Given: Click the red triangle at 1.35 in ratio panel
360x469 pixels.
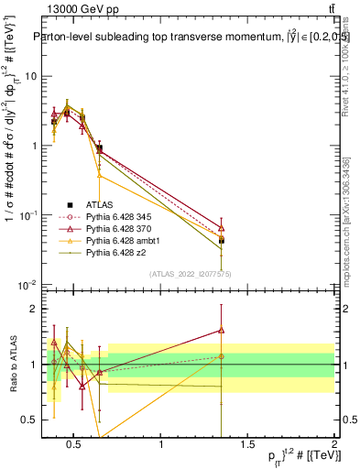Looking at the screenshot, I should (x=222, y=331).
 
